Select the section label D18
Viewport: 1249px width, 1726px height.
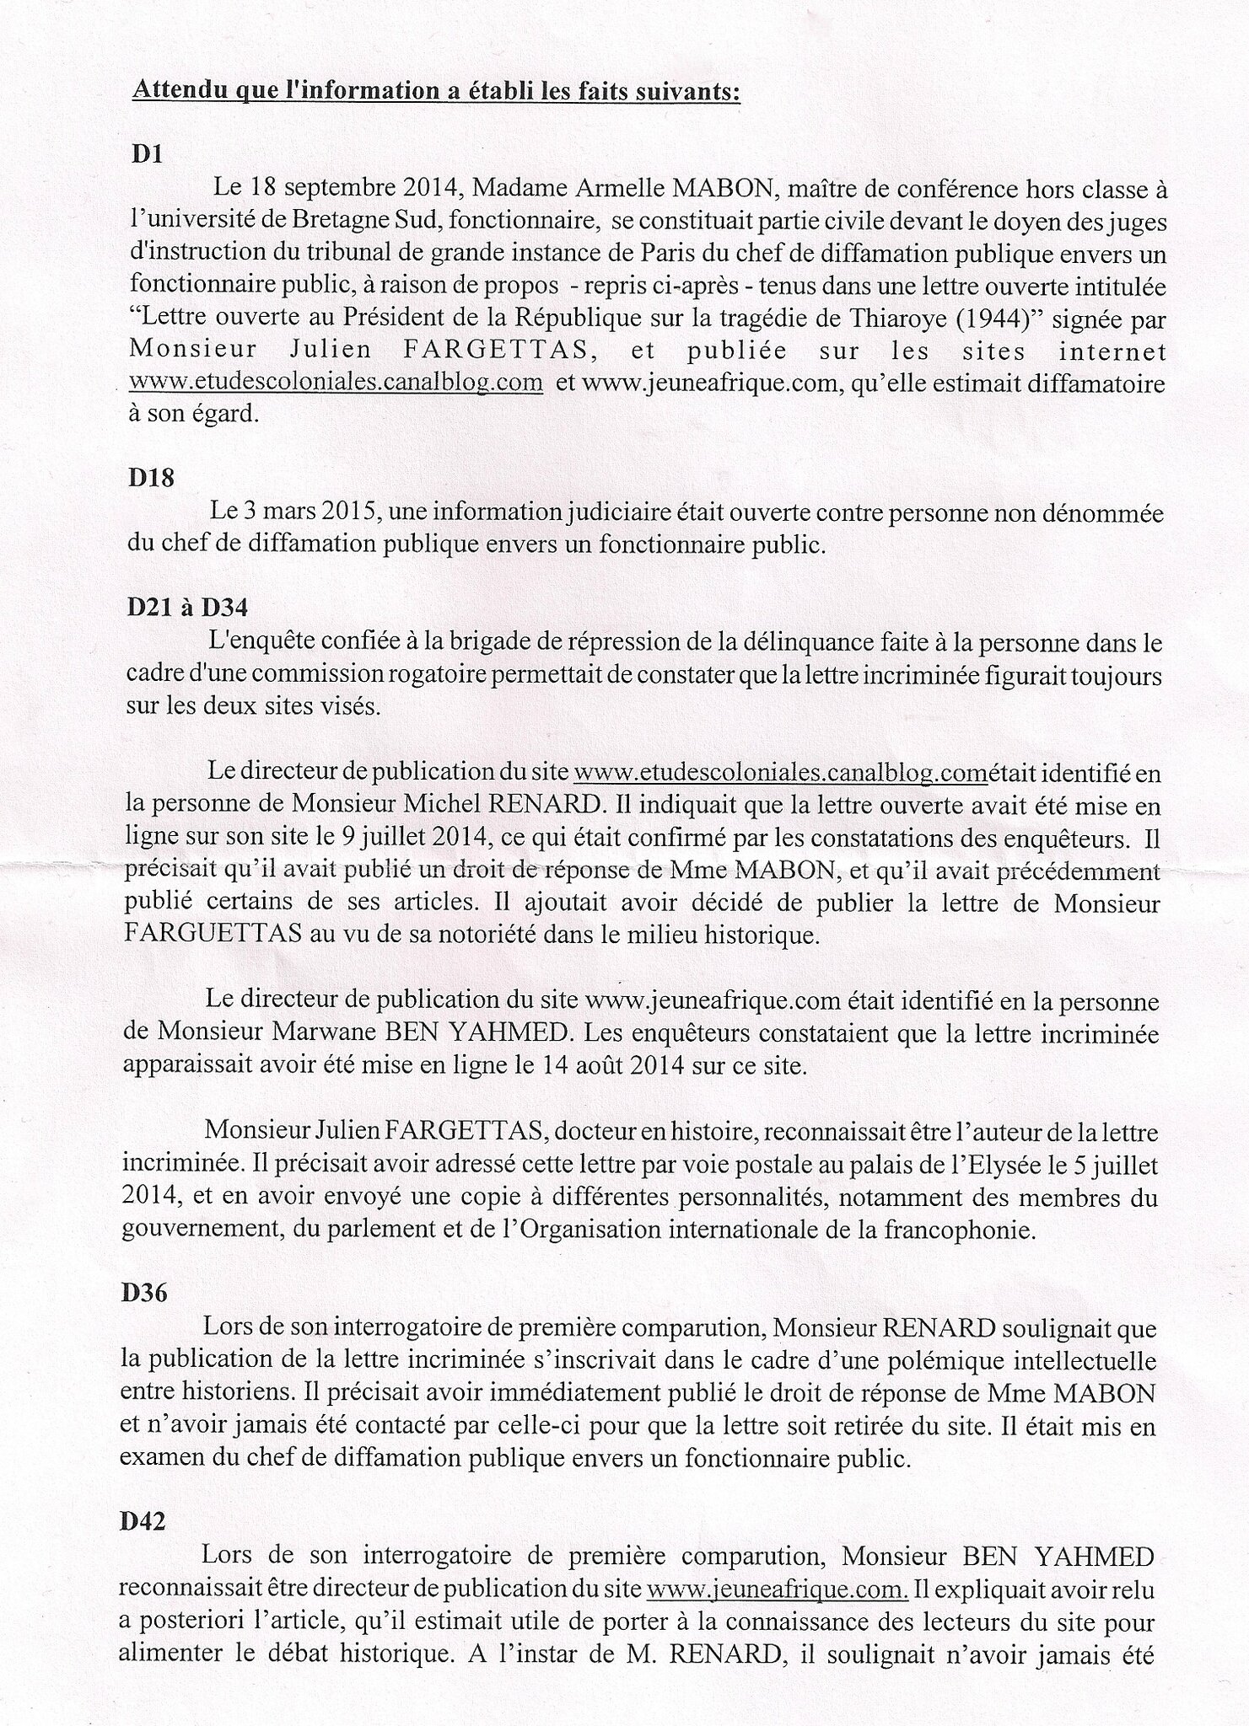pyautogui.click(x=152, y=478)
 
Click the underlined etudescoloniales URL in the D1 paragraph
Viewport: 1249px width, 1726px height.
pyautogui.click(x=335, y=383)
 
